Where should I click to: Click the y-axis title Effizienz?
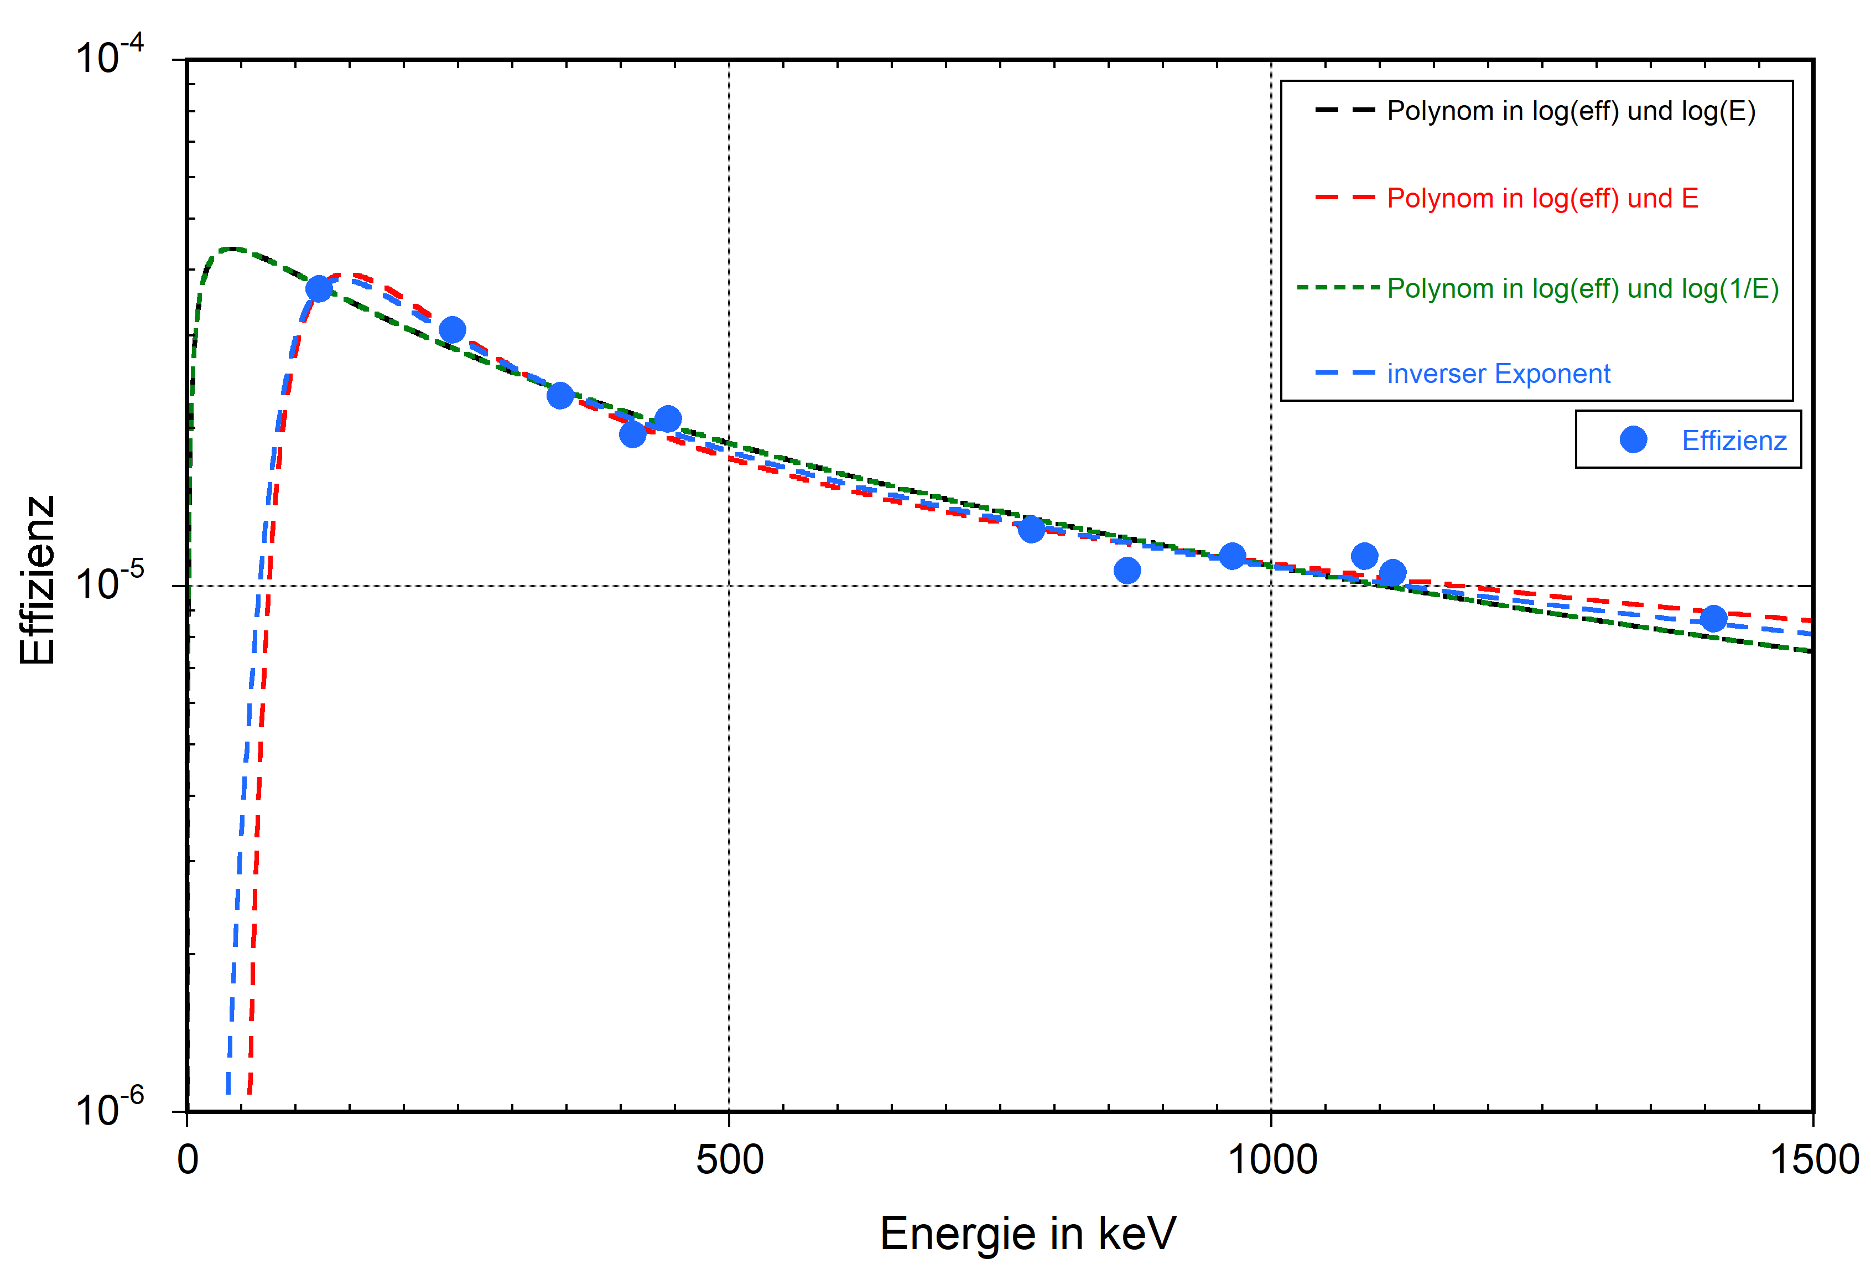pos(37,580)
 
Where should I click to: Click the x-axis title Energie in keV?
pos(1027,1233)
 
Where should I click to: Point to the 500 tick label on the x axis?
pos(729,1159)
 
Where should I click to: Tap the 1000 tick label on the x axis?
pos(1271,1159)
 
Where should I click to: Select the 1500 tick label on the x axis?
pos(1813,1159)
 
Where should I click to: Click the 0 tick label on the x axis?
pos(188,1159)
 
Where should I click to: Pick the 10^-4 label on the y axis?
pos(108,56)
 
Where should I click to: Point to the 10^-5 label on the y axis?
pos(108,583)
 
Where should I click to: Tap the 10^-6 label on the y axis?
pos(108,1110)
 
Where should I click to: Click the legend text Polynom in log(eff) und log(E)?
pos(1571,111)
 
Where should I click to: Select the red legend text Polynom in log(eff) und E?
pos(1542,198)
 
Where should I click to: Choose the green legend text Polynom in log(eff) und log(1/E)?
pos(1583,288)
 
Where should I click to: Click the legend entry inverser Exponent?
pos(1498,374)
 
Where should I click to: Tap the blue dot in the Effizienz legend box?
pos(1633,439)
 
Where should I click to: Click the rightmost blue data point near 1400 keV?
pos(1713,618)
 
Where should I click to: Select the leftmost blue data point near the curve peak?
pos(319,288)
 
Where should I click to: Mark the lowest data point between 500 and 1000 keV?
pos(1127,570)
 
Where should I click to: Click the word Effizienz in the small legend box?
pos(1734,441)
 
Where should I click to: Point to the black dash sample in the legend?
pos(1344,110)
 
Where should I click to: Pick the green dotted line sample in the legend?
pos(1338,287)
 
